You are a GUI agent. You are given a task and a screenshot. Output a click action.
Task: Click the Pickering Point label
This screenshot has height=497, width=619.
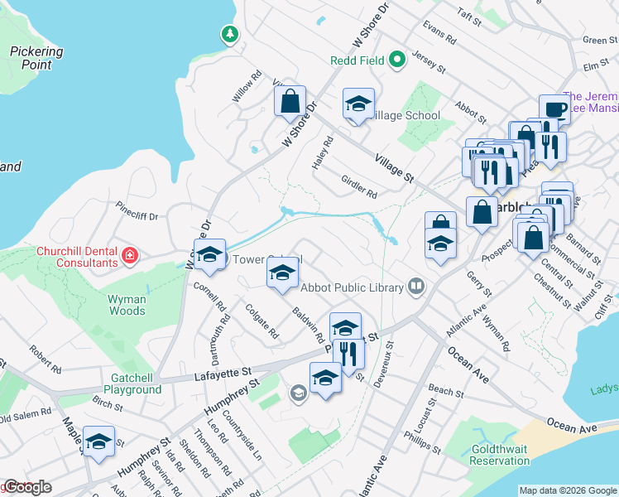coord(36,58)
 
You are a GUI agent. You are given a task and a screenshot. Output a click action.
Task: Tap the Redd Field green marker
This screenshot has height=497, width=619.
coord(397,59)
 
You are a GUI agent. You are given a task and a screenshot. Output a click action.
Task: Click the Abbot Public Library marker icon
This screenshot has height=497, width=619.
coord(416,287)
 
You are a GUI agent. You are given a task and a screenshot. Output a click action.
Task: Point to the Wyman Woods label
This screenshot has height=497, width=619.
coord(127,305)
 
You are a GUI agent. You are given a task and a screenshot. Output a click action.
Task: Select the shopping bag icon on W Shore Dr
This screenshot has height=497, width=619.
coord(290,102)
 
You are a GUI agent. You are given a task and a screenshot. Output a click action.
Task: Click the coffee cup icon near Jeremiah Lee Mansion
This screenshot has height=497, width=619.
coord(554,109)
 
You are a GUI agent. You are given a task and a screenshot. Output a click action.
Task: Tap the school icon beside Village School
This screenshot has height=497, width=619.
coord(358,104)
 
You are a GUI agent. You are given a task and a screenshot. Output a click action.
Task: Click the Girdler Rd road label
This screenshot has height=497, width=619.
coord(359,186)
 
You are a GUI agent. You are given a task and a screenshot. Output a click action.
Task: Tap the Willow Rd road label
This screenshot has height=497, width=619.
coord(247,90)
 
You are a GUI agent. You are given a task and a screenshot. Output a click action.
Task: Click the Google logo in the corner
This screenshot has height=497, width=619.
coord(27,487)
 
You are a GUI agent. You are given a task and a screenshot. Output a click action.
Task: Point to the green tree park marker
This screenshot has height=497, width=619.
coord(229,35)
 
